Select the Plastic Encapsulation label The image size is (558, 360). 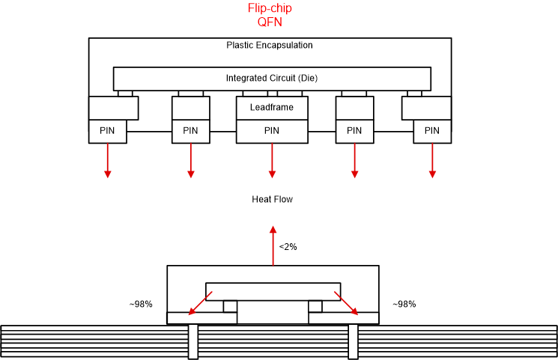tap(269, 45)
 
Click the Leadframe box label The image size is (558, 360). tap(271, 108)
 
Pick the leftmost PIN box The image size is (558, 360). tap(107, 131)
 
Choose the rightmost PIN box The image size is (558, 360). tap(432, 131)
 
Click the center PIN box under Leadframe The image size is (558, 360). tap(271, 131)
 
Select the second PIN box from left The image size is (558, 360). tap(190, 131)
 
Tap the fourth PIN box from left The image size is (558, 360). tap(354, 131)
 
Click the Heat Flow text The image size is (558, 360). tap(272, 199)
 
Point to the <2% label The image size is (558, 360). tap(288, 246)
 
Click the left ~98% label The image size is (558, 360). tap(141, 305)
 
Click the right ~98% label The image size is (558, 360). tap(404, 305)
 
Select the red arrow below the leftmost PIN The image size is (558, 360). tap(107, 160)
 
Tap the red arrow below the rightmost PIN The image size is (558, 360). tap(432, 160)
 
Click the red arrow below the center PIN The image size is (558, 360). tap(271, 160)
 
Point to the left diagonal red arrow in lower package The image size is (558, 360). tap(198, 304)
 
